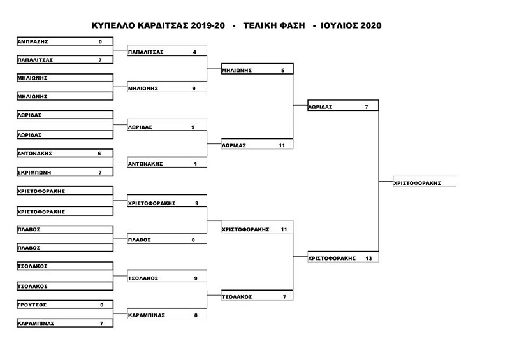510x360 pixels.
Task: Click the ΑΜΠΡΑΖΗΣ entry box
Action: tap(65, 41)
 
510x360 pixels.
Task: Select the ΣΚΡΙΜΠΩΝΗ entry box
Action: tap(65, 172)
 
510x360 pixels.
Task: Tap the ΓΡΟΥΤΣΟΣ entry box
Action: tap(65, 305)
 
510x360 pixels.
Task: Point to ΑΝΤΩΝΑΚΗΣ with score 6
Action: tap(65, 153)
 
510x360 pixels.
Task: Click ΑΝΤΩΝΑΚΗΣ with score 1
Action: tap(167, 163)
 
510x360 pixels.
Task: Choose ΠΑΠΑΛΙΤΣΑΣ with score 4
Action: tap(167, 51)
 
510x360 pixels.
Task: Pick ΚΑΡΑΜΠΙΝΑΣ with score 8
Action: tap(167, 314)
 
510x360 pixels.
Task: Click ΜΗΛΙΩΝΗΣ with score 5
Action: tap(258, 69)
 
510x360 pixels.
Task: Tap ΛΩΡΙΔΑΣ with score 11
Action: tap(258, 145)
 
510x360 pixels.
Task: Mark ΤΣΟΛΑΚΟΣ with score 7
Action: tap(258, 295)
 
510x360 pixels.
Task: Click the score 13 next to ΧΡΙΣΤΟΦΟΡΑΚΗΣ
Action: tap(368, 258)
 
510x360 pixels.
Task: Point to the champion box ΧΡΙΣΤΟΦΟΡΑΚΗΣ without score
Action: tap(425, 182)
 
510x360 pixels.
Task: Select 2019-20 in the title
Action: tap(208, 25)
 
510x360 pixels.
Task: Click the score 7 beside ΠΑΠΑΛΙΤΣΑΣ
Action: tap(100, 60)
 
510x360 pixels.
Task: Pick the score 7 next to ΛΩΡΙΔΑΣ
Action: tap(367, 107)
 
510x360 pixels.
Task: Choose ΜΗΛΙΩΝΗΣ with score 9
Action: tap(167, 87)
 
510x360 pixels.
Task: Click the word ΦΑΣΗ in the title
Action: tap(292, 25)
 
